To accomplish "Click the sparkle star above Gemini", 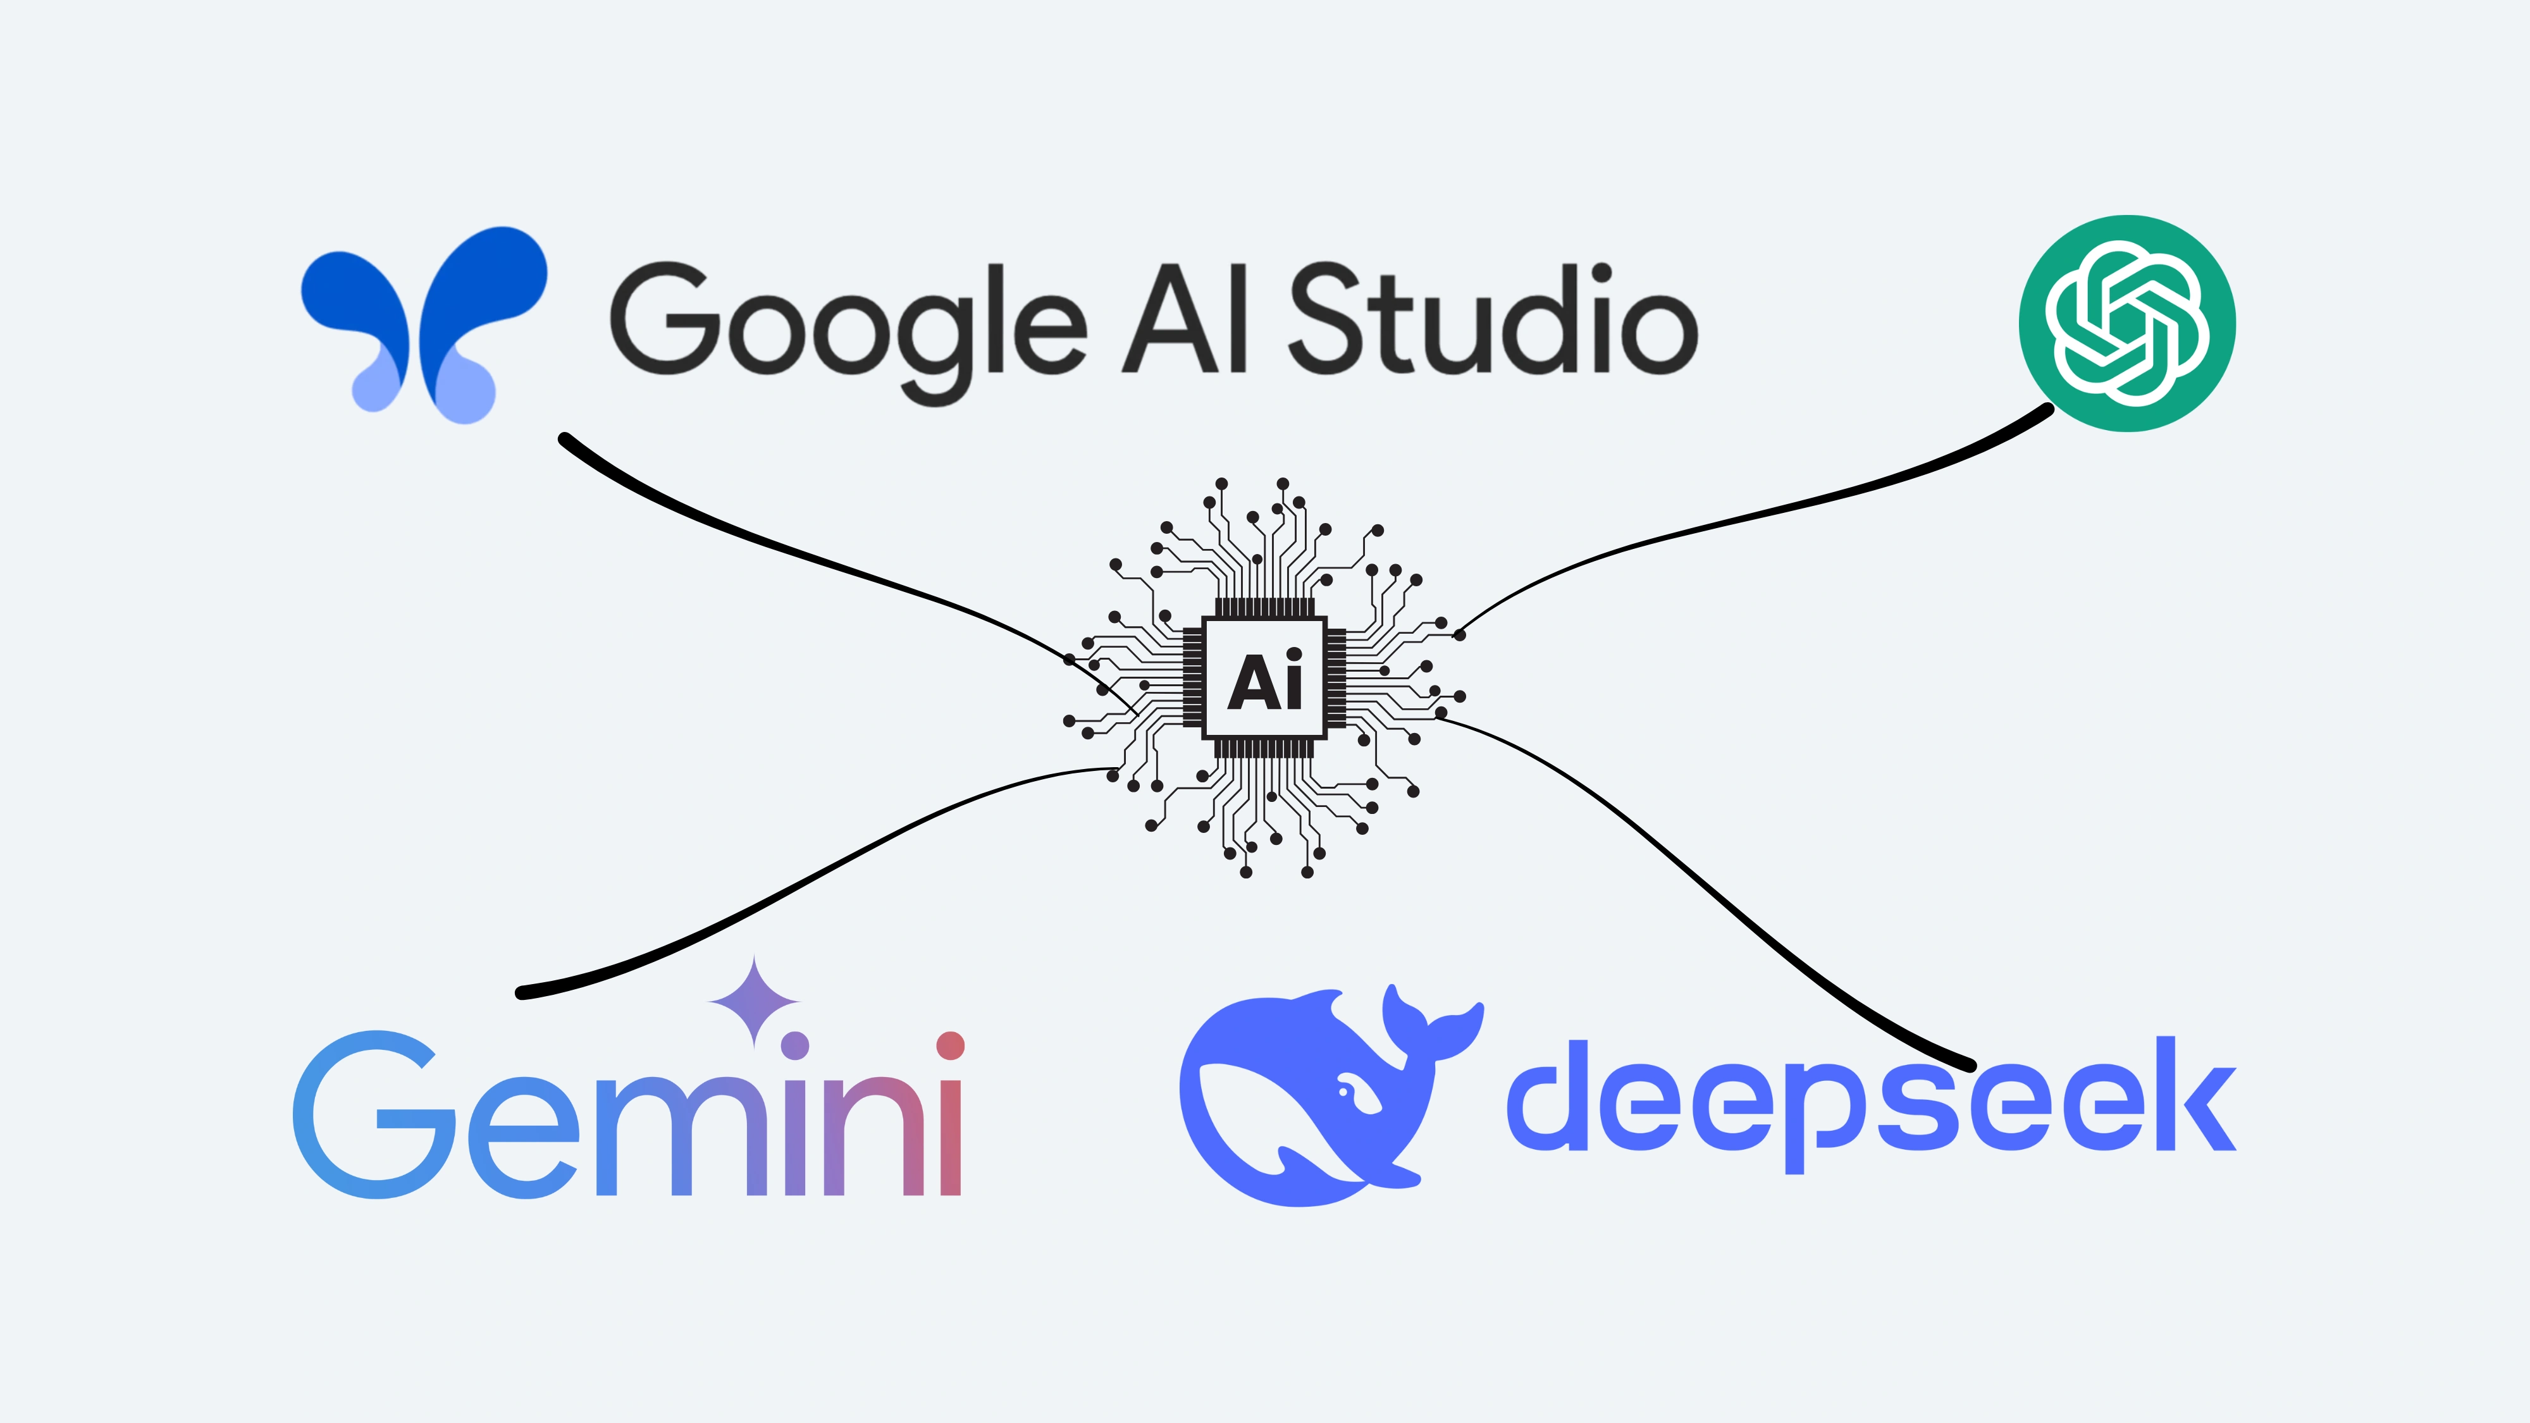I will click(x=755, y=1002).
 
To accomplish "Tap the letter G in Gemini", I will click(x=373, y=1114).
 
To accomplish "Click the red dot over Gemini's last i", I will click(x=950, y=1046).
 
